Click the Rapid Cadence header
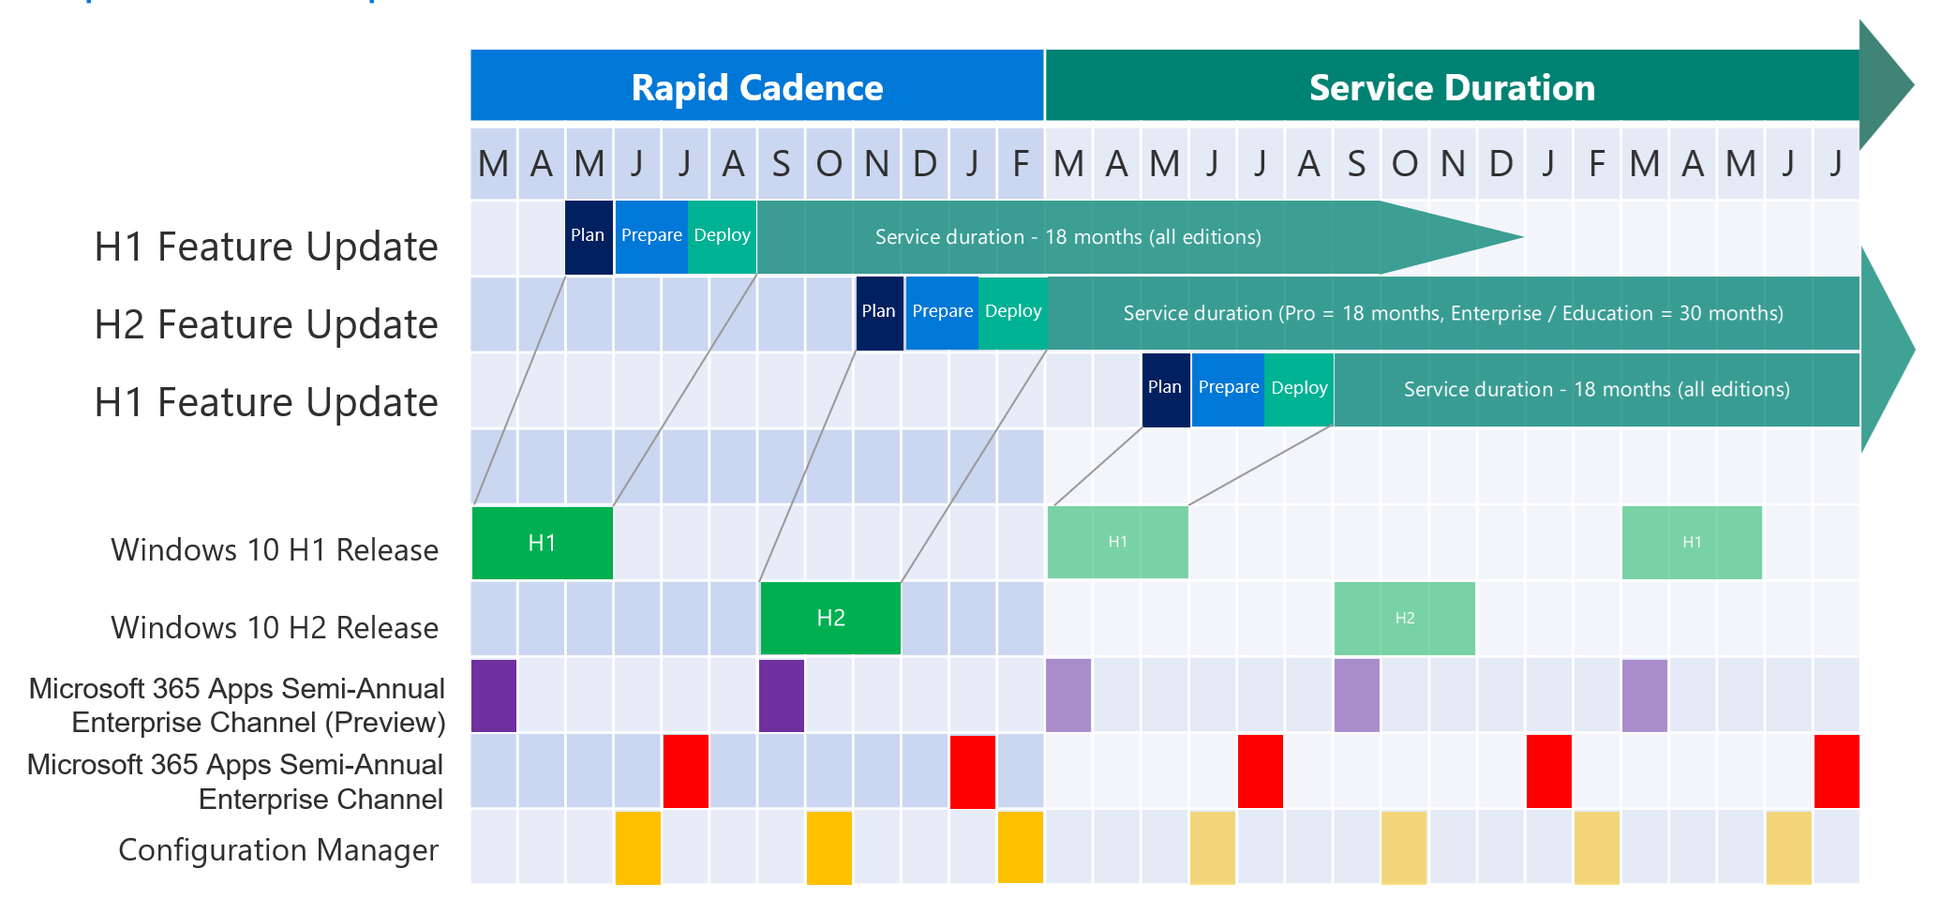click(x=757, y=87)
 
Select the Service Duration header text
click(x=1452, y=87)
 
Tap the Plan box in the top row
click(x=589, y=236)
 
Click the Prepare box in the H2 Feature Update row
click(x=942, y=312)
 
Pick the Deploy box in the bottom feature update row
click(x=1299, y=388)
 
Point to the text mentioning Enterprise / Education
click(x=1453, y=313)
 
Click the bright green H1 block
click(x=542, y=543)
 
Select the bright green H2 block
click(x=830, y=618)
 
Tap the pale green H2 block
click(x=1404, y=618)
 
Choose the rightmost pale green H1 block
click(x=1692, y=543)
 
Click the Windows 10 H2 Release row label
click(x=275, y=627)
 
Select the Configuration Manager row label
click(x=278, y=849)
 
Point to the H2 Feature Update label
click(x=266, y=324)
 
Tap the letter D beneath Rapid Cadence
click(x=924, y=164)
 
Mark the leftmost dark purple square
click(x=494, y=696)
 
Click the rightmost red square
click(x=1836, y=771)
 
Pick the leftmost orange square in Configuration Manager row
click(x=637, y=847)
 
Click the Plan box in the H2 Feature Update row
click(x=879, y=312)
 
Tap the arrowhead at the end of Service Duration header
click(x=1886, y=84)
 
